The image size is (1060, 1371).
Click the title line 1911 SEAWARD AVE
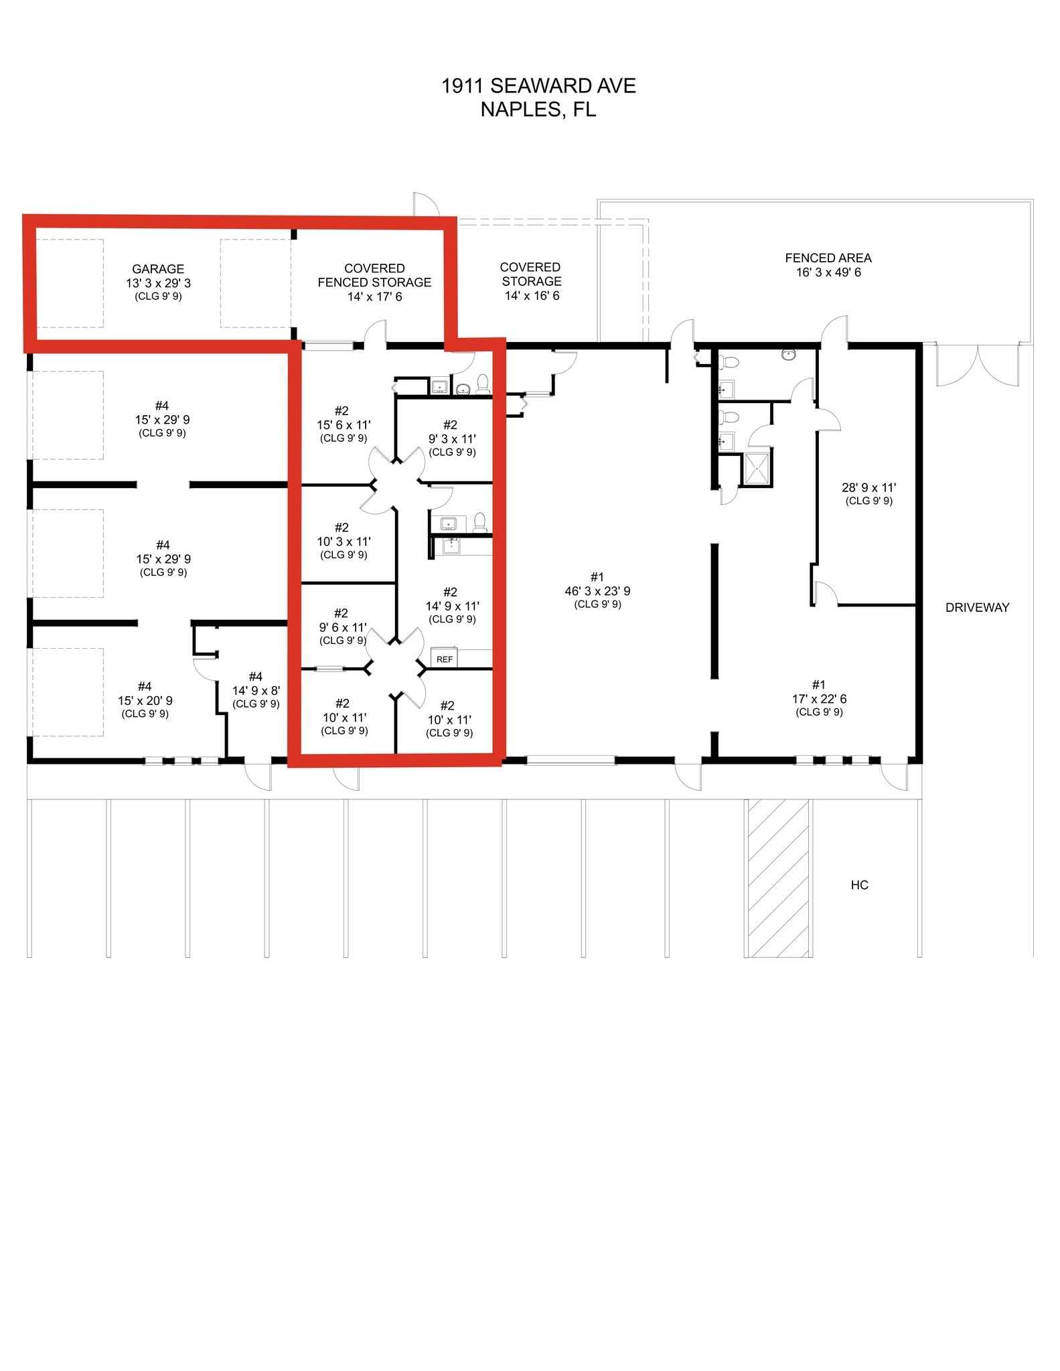[x=538, y=86]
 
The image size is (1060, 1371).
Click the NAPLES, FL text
[x=538, y=109]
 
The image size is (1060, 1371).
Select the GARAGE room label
[x=158, y=268]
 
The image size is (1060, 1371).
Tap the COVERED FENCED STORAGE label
[x=374, y=275]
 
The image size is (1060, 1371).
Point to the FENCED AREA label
[x=828, y=258]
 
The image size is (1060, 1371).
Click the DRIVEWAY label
[x=977, y=607]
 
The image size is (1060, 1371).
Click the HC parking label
[x=859, y=885]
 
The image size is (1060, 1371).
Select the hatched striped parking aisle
[x=778, y=878]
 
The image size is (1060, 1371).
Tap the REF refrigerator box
[x=445, y=659]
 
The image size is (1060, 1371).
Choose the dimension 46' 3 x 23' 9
[x=597, y=591]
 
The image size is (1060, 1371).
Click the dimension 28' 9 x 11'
[x=868, y=488]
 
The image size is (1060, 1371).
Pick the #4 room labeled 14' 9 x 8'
[x=256, y=690]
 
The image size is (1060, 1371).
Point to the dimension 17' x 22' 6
[x=819, y=699]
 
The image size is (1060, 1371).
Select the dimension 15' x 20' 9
[x=145, y=700]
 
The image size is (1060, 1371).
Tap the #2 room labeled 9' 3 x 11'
[x=452, y=438]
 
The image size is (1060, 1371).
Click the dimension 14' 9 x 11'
[x=452, y=606]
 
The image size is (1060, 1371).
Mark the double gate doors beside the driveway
[x=977, y=365]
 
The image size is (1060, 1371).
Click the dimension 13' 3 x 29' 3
[x=158, y=283]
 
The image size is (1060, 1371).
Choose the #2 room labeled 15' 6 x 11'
[x=343, y=424]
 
